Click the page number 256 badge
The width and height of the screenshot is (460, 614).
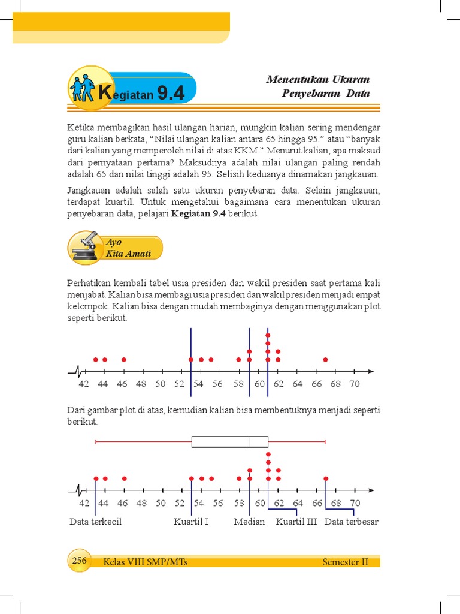click(79, 561)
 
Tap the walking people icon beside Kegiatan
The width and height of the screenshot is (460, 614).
click(83, 88)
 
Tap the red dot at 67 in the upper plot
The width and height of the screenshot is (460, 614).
click(326, 360)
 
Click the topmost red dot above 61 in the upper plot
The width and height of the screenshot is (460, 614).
click(268, 335)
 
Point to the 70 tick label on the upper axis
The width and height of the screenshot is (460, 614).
click(355, 384)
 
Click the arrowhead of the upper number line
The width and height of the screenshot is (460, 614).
click(371, 372)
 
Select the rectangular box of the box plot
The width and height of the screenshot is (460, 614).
click(229, 442)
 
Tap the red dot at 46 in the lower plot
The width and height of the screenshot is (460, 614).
click(124, 478)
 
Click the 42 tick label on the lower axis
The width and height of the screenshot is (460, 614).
click(84, 503)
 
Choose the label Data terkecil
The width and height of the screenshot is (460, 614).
click(95, 522)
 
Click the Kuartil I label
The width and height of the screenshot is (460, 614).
click(191, 522)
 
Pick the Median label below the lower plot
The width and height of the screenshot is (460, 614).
click(249, 522)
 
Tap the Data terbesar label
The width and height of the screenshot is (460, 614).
click(352, 522)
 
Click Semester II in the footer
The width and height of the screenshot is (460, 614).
click(345, 562)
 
